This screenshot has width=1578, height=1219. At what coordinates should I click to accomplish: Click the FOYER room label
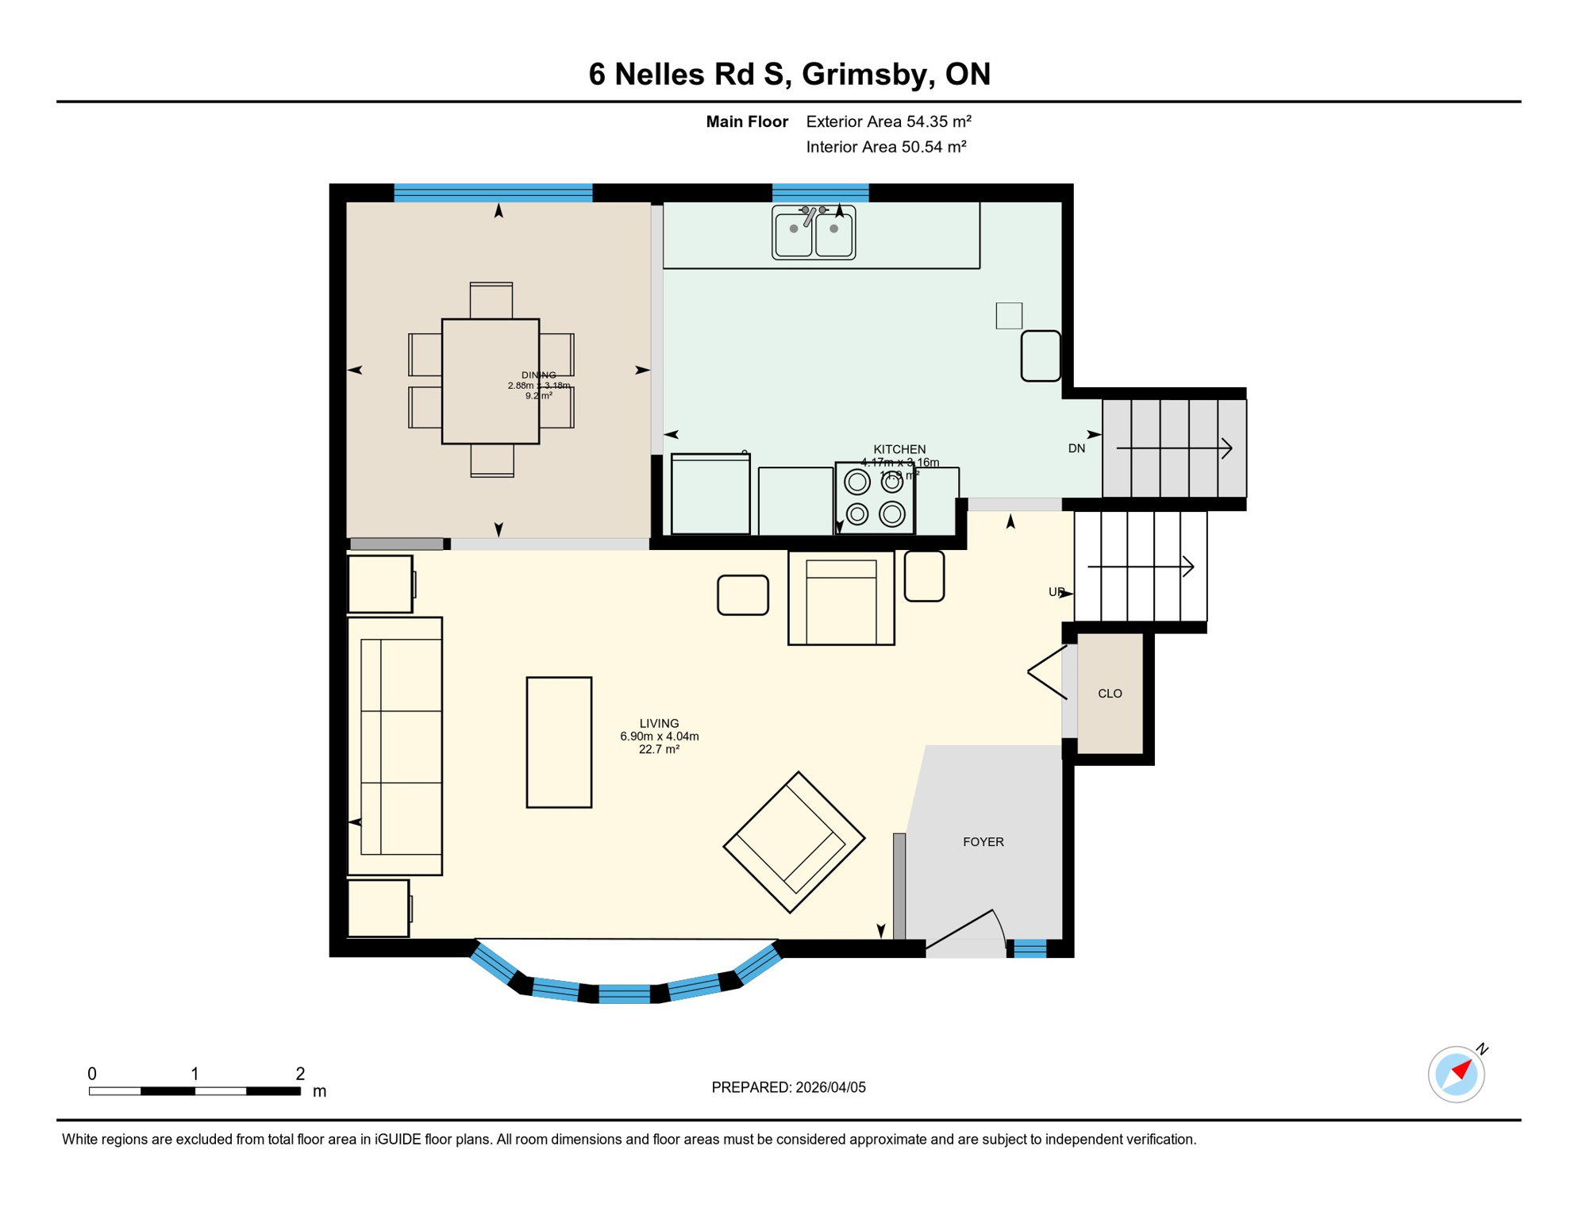pos(983,842)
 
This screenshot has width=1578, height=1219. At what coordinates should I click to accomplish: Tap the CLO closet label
pos(1109,694)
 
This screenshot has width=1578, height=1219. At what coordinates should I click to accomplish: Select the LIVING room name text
pos(659,723)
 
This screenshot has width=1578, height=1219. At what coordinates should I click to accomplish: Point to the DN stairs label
pos(1076,448)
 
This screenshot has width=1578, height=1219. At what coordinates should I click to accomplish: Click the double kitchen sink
pos(814,233)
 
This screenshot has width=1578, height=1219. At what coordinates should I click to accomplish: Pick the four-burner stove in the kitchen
pos(874,498)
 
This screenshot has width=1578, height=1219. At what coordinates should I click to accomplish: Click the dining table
pos(491,381)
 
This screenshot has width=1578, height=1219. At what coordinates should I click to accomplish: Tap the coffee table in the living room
pos(559,742)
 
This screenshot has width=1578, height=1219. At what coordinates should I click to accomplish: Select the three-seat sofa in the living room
pos(395,746)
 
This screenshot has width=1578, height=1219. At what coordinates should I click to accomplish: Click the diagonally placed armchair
pos(793,842)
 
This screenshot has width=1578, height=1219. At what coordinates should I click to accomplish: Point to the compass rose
pos(1456,1075)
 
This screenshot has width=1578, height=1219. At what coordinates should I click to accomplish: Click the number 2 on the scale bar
pos(300,1074)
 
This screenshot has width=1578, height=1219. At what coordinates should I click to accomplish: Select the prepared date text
pos(788,1087)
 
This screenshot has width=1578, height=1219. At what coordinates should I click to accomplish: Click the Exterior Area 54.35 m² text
pos(888,121)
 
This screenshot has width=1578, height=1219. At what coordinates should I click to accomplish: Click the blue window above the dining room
pos(493,192)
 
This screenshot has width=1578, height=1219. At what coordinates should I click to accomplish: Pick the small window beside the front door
pos(1030,948)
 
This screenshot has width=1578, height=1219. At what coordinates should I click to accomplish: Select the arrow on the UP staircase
pos(1141,567)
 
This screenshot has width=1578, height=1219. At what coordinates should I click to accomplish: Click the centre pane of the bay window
pos(625,994)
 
